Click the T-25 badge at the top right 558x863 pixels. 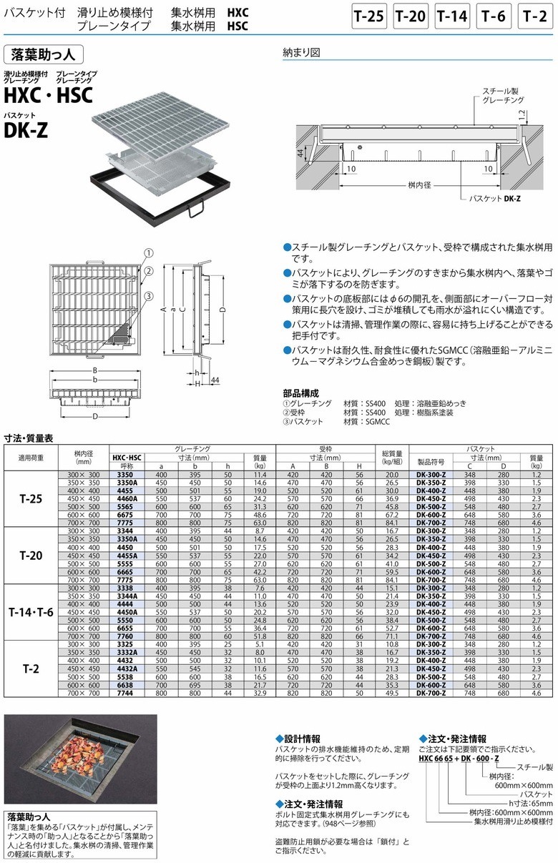click(369, 16)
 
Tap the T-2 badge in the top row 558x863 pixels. click(536, 16)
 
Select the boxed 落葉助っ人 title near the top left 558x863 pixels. click(44, 54)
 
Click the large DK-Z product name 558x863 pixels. click(26, 130)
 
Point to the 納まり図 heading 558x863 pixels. click(301, 52)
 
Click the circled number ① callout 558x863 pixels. click(148, 253)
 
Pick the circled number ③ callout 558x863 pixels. click(148, 296)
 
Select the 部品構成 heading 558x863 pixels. click(300, 393)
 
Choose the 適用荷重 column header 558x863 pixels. click(31, 457)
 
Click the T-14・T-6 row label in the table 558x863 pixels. click(31, 613)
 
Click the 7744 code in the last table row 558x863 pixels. click(126, 693)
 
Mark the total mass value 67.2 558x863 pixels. click(391, 514)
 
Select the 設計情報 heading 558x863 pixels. click(301, 739)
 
